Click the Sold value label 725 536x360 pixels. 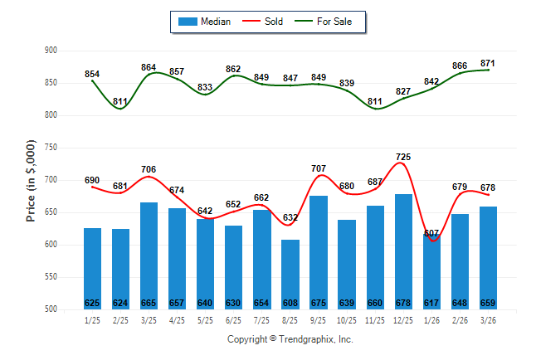click(403, 157)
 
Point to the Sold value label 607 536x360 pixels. click(431, 233)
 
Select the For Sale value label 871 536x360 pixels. click(488, 64)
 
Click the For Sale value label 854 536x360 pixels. click(93, 75)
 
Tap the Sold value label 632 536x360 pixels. click(290, 218)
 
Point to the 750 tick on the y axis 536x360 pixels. click(51, 148)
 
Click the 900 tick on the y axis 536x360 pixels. click(51, 51)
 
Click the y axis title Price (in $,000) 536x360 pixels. click(31, 180)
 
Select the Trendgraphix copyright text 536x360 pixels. click(290, 339)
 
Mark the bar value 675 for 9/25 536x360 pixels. click(319, 303)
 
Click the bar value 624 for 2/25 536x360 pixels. click(121, 303)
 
